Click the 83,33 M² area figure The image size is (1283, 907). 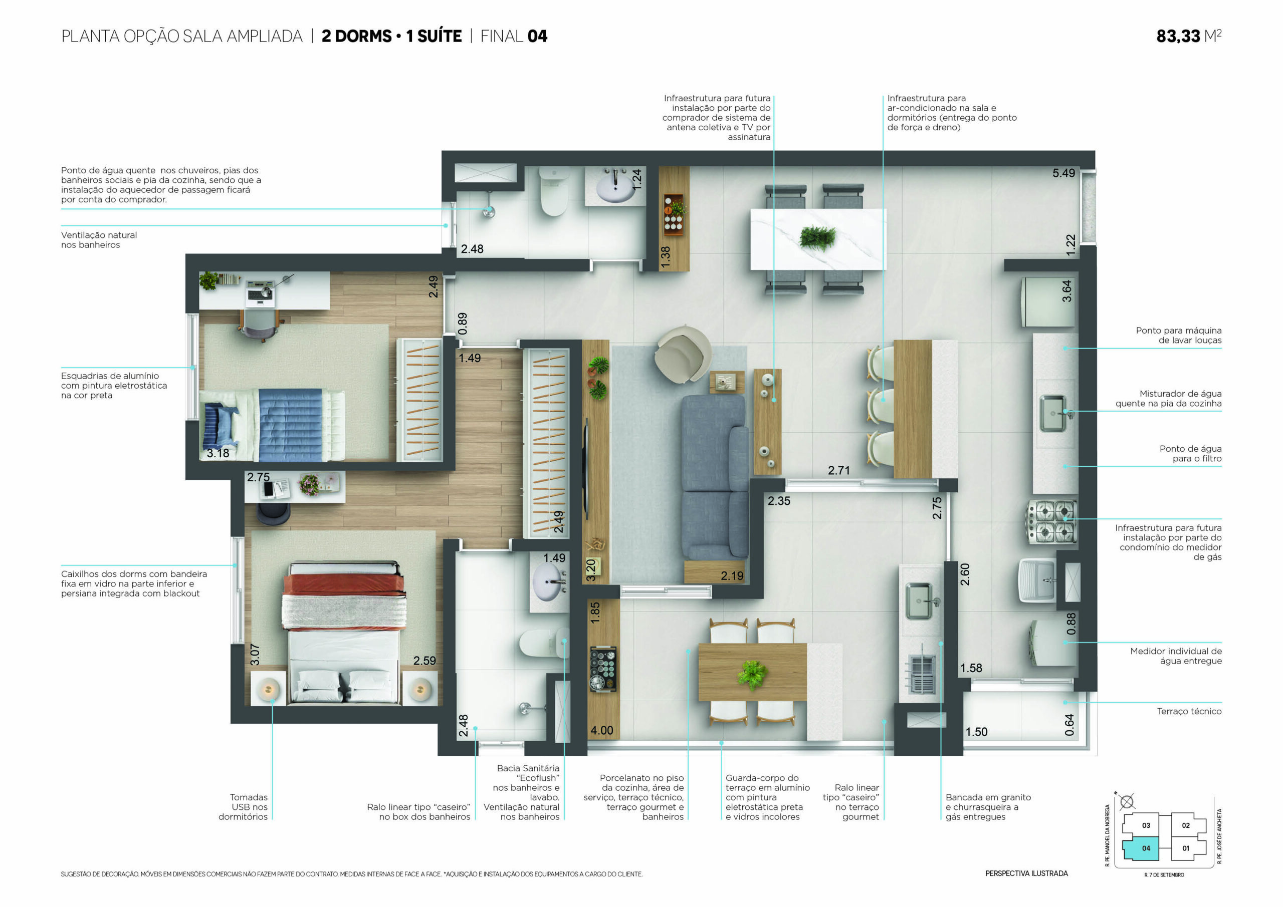[x=1189, y=36]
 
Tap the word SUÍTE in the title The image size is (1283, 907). [x=439, y=36]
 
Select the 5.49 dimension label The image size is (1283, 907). [x=1063, y=173]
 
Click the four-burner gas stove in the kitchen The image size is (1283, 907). [x=1051, y=521]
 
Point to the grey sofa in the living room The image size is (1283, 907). [x=715, y=476]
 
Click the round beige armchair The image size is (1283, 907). [x=683, y=353]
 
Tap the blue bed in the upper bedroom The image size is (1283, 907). [x=272, y=425]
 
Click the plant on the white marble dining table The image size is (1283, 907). [x=817, y=237]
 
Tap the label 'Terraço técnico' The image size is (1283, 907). [x=1189, y=711]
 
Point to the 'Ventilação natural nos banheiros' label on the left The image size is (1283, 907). [x=99, y=240]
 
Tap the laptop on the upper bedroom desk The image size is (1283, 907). [x=260, y=294]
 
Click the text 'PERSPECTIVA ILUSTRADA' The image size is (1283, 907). [x=1026, y=873]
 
